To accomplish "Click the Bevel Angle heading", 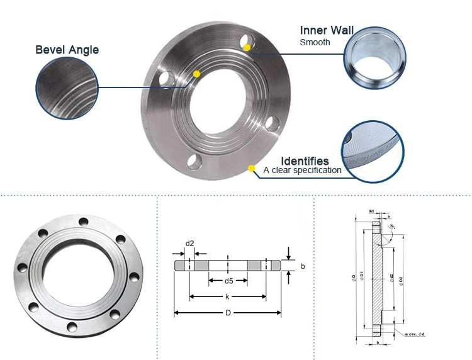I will [67, 50].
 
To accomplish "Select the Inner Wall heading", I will [327, 30].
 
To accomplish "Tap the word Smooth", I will [315, 43].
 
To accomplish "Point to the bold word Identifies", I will [305, 161].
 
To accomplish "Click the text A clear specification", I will [302, 170].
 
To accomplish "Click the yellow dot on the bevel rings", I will [197, 74].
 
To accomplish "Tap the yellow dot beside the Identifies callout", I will [250, 169].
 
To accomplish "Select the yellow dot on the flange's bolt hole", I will [248, 47].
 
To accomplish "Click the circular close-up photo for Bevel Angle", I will [67, 87].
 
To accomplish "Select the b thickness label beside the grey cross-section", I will [303, 266].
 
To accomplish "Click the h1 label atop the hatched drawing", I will [372, 211].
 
